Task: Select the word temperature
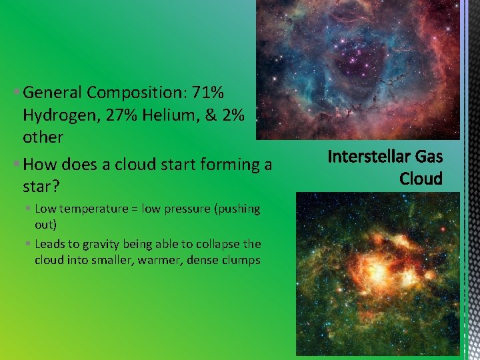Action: (x=93, y=209)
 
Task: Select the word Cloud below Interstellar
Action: (x=421, y=179)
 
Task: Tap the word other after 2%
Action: (x=43, y=137)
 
